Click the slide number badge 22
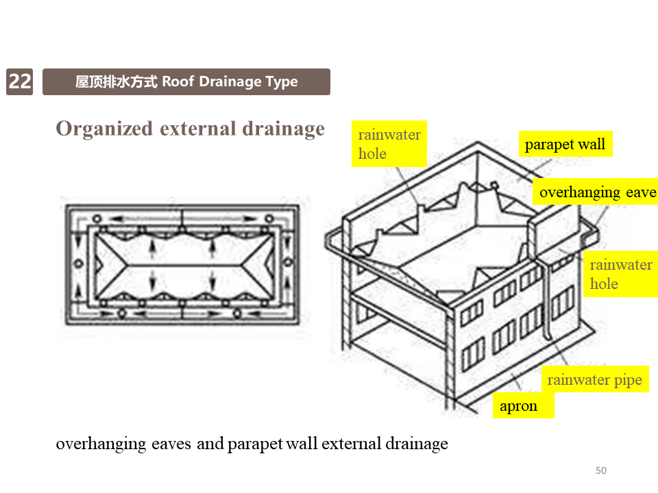[20, 81]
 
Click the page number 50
[601, 470]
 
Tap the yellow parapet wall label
[565, 144]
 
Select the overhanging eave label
[597, 192]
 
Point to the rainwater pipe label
[594, 380]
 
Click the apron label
[519, 406]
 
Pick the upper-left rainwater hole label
[389, 144]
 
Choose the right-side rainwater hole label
[620, 274]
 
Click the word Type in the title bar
[282, 82]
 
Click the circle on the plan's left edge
[79, 264]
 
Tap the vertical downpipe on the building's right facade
[548, 301]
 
